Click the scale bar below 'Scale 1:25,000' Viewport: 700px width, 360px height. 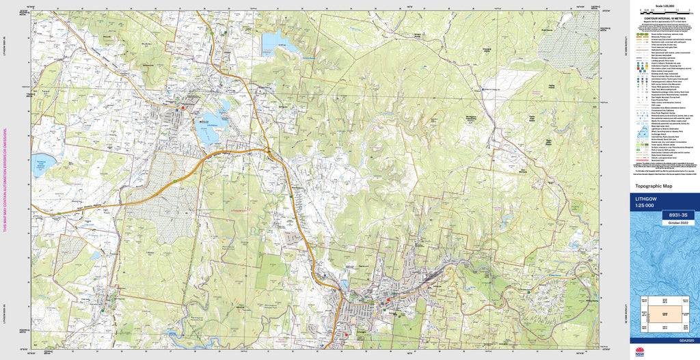point(663,12)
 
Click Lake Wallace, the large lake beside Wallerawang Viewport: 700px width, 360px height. point(208,126)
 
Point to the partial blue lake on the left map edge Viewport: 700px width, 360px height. point(42,164)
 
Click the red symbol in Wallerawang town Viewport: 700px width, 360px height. point(183,107)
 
